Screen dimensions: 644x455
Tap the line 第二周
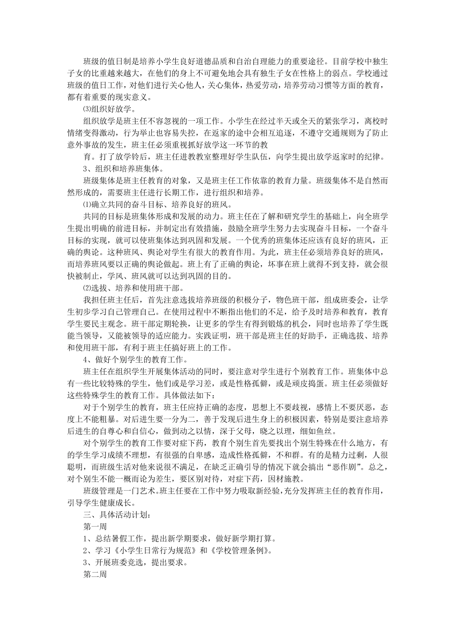click(95, 574)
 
